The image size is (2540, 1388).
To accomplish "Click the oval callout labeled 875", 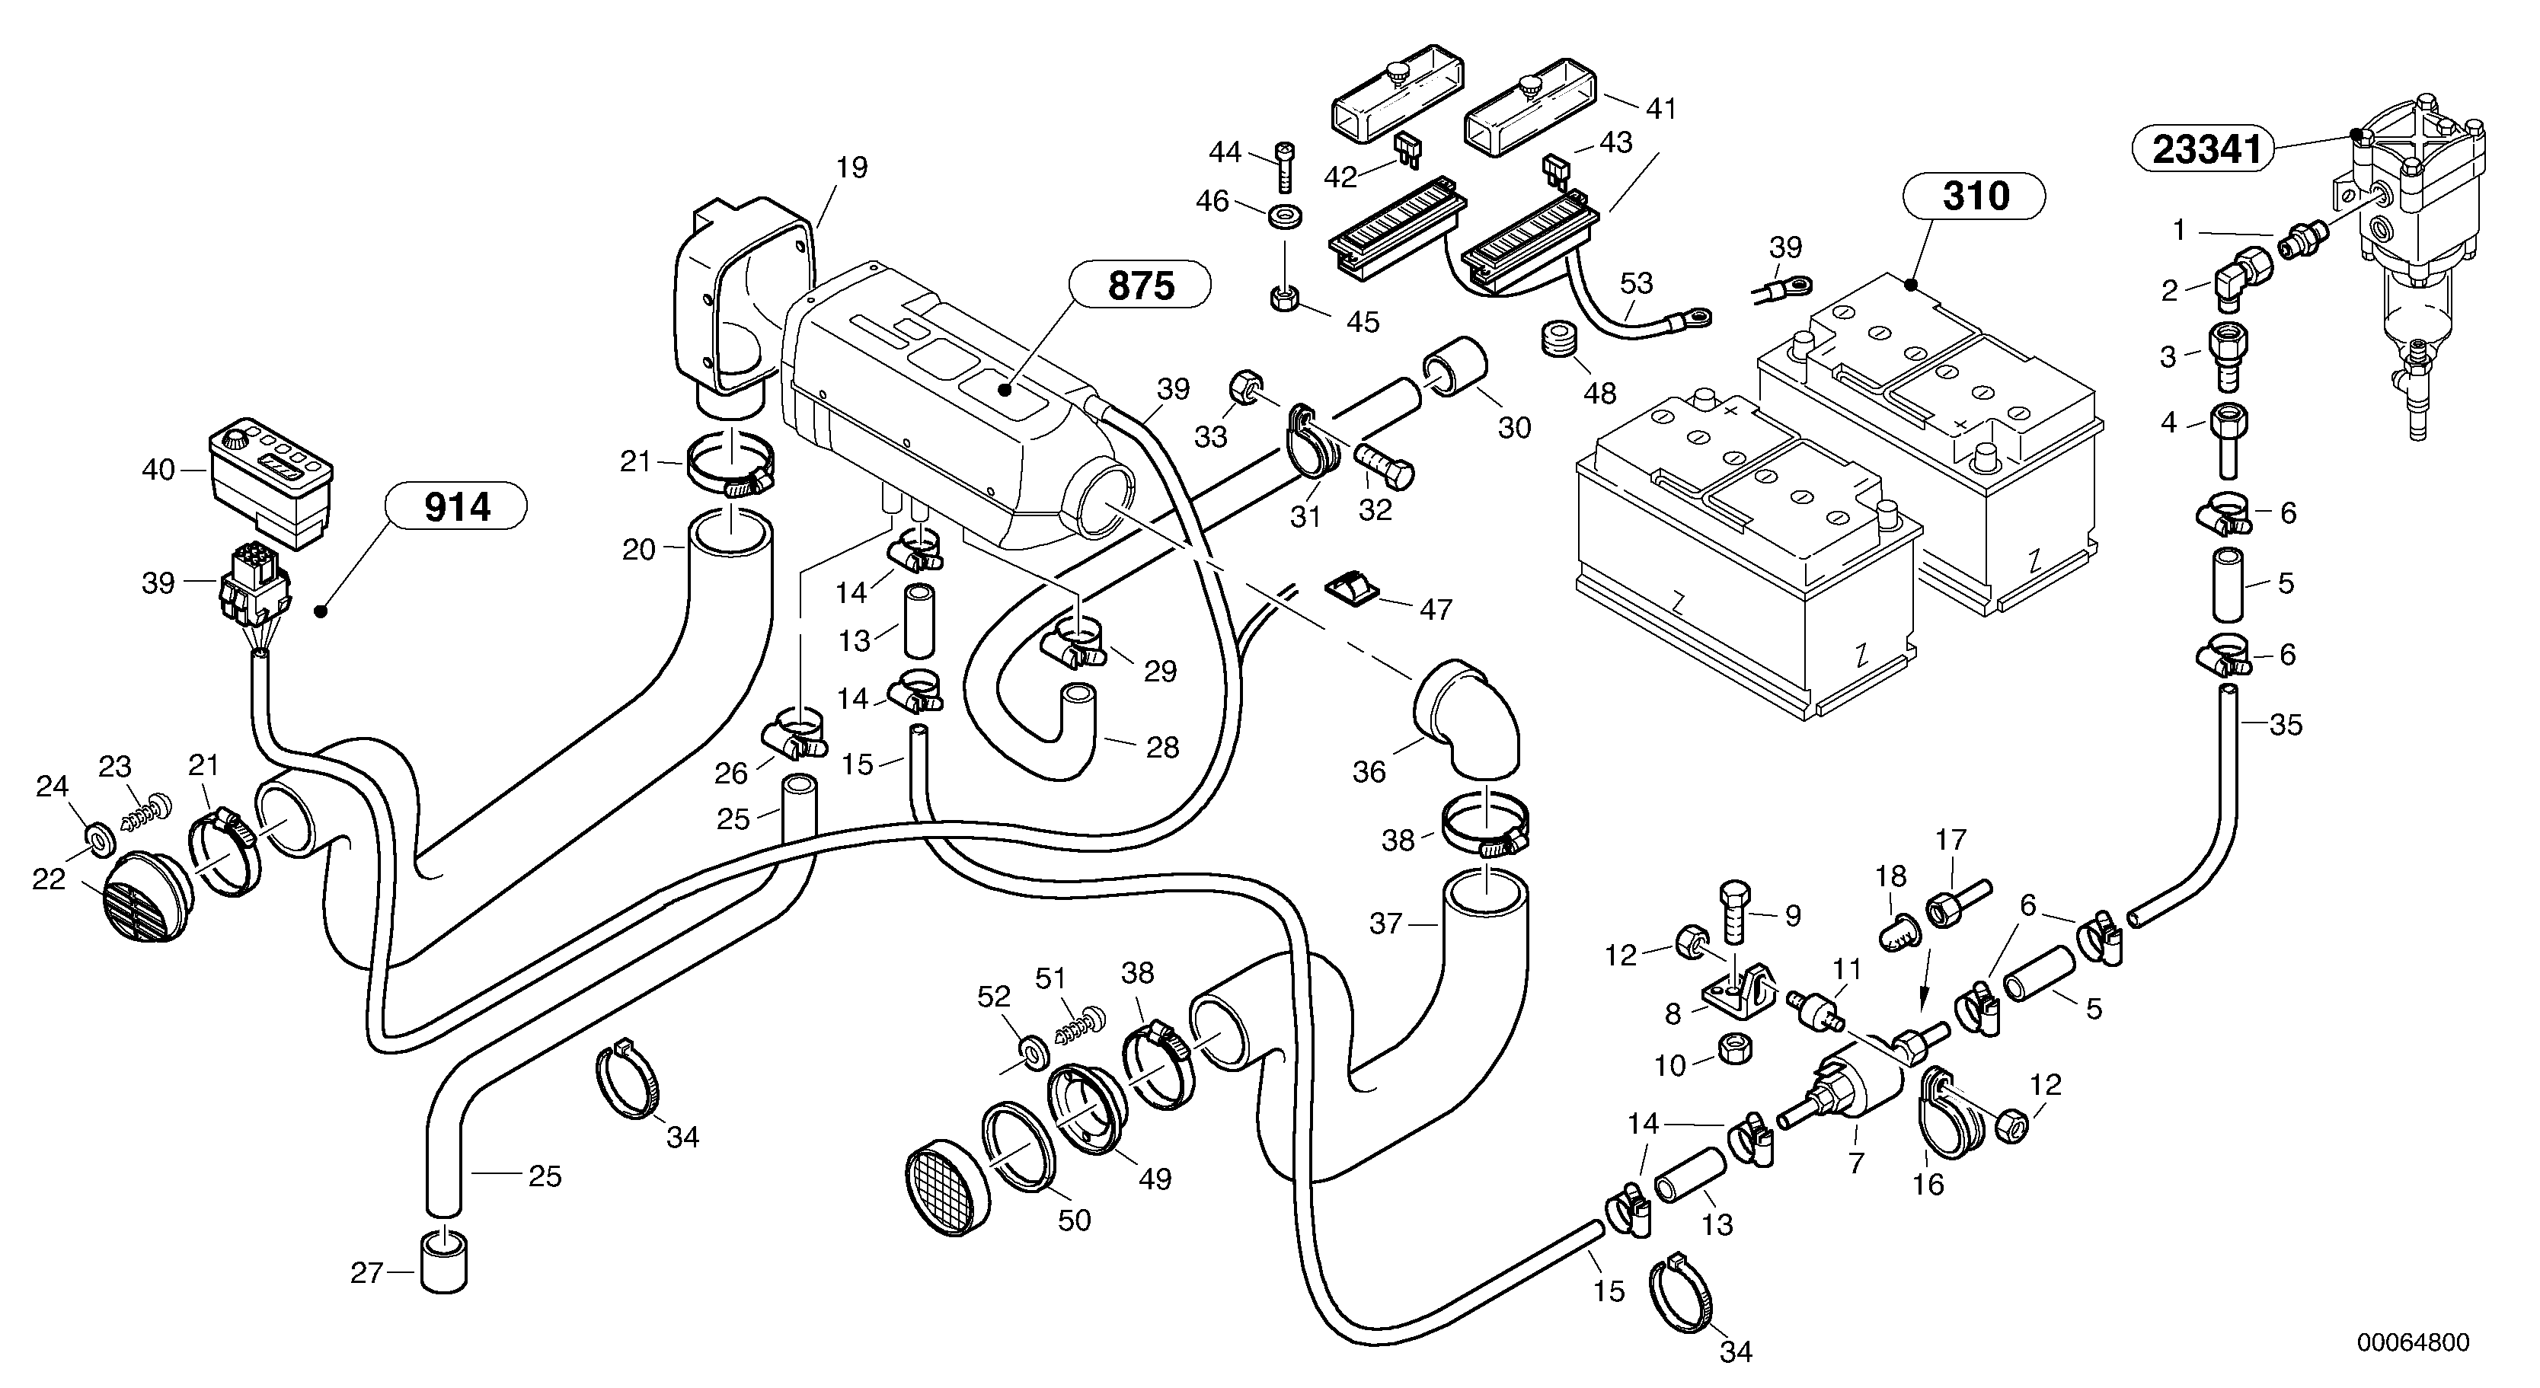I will tap(1141, 286).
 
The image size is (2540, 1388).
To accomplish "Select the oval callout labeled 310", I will tap(1975, 196).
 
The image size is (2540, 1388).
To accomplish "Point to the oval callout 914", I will tap(458, 506).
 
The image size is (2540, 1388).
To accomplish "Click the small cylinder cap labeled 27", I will tap(444, 1262).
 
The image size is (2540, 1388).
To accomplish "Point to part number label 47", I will tap(1435, 609).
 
